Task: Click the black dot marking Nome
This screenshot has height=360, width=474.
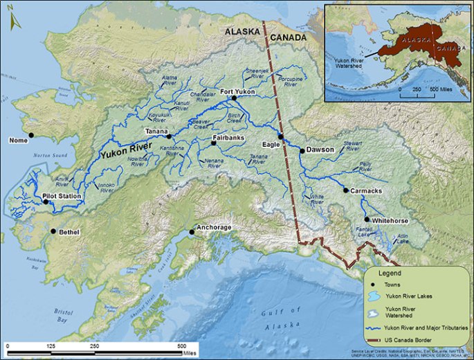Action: click(30, 135)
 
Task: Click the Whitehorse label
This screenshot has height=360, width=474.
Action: click(390, 221)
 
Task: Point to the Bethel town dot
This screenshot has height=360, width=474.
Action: click(53, 231)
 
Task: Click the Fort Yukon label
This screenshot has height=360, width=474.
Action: click(237, 91)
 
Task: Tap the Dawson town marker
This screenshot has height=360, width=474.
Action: click(302, 150)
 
